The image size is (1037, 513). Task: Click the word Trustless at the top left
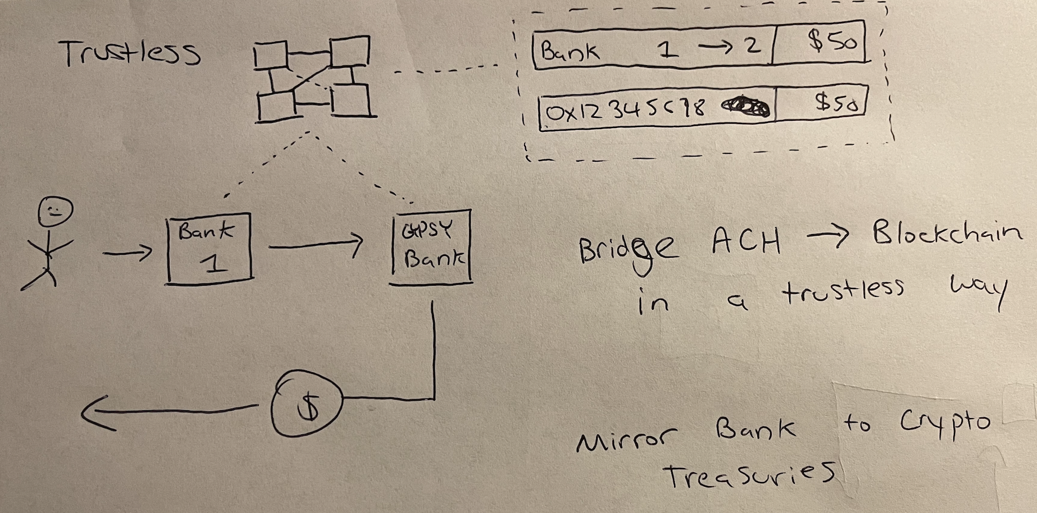coord(130,53)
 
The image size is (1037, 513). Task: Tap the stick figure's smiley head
coord(54,212)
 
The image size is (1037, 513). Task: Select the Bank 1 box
coord(209,248)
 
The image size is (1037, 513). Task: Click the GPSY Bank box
coord(431,247)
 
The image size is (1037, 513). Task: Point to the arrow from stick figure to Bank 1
coord(128,253)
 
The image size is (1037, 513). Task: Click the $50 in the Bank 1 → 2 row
coord(832,42)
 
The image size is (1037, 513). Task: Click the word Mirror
coord(626,440)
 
